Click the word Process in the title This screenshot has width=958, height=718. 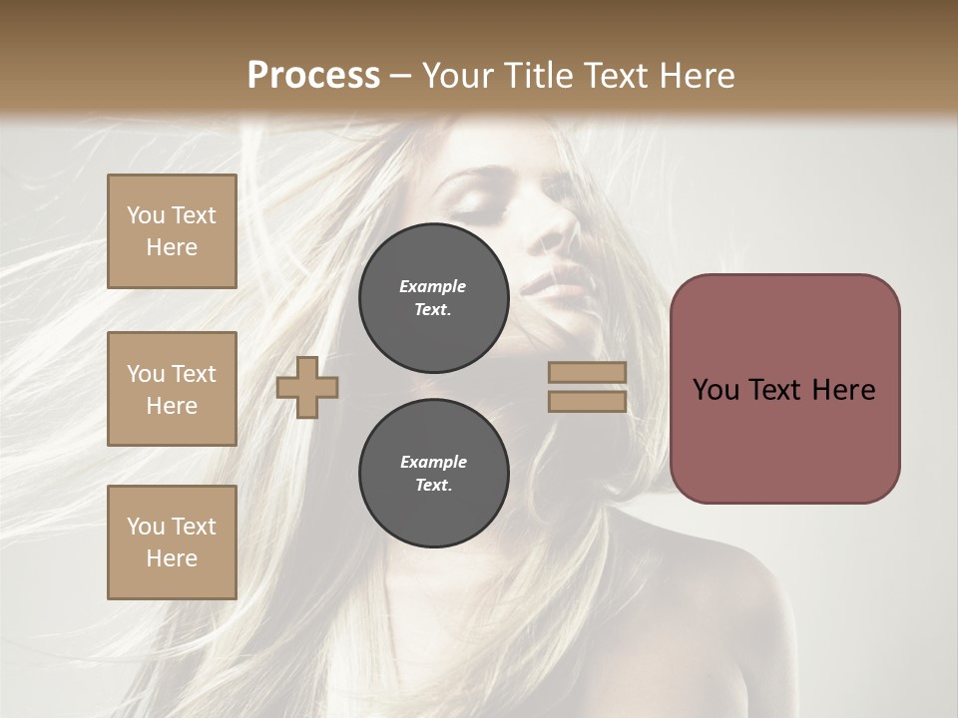[x=313, y=76]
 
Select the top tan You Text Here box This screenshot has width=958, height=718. [x=172, y=231]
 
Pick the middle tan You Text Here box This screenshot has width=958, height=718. [x=172, y=389]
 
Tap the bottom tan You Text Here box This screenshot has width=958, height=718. [x=172, y=542]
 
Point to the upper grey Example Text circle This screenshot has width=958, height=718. [x=433, y=298]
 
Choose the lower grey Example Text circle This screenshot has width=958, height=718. [x=433, y=474]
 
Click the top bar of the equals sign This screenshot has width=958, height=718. [x=587, y=373]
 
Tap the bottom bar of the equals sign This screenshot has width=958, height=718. [x=587, y=401]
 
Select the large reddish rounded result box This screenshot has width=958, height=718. [x=784, y=389]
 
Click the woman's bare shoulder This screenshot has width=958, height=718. [x=718, y=588]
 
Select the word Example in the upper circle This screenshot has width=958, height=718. [x=433, y=286]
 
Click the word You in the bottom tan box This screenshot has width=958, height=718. [x=146, y=527]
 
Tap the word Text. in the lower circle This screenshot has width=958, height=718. [x=433, y=486]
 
